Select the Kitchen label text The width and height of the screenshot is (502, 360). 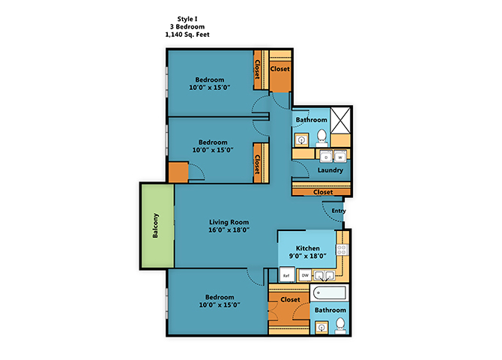point(308,248)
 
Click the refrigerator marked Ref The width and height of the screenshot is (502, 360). point(286,275)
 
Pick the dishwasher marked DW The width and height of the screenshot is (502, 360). point(305,275)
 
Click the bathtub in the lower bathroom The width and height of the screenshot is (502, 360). point(330,294)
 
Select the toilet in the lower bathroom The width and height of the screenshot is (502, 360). point(340,325)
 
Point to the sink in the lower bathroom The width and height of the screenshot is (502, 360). point(321,326)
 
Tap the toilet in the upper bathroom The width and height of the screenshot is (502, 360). point(321,137)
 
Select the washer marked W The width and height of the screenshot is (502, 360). point(339,157)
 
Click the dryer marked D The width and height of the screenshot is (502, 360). point(327,157)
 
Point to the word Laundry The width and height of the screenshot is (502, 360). point(330,170)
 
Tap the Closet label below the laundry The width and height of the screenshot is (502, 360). point(323,192)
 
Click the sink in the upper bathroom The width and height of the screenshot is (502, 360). point(301,139)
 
